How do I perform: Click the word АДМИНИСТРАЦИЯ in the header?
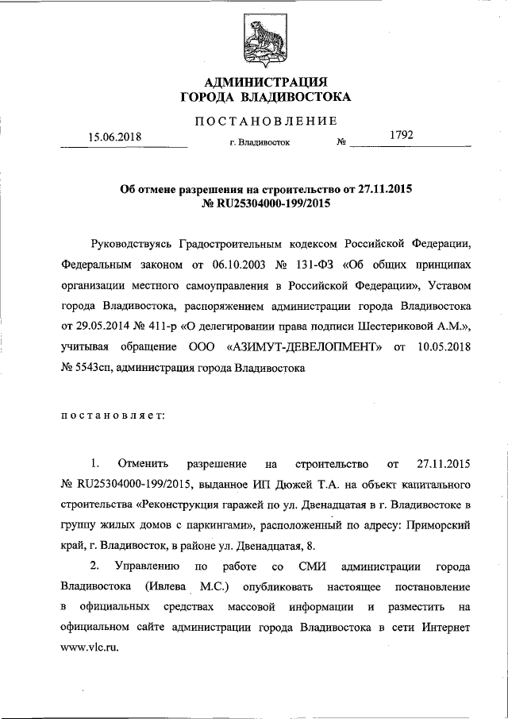pyautogui.click(x=265, y=82)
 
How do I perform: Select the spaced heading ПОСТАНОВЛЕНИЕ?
pyautogui.click(x=266, y=121)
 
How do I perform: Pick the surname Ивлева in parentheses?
pyautogui.click(x=168, y=587)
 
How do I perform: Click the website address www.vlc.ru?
pyautogui.click(x=90, y=648)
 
